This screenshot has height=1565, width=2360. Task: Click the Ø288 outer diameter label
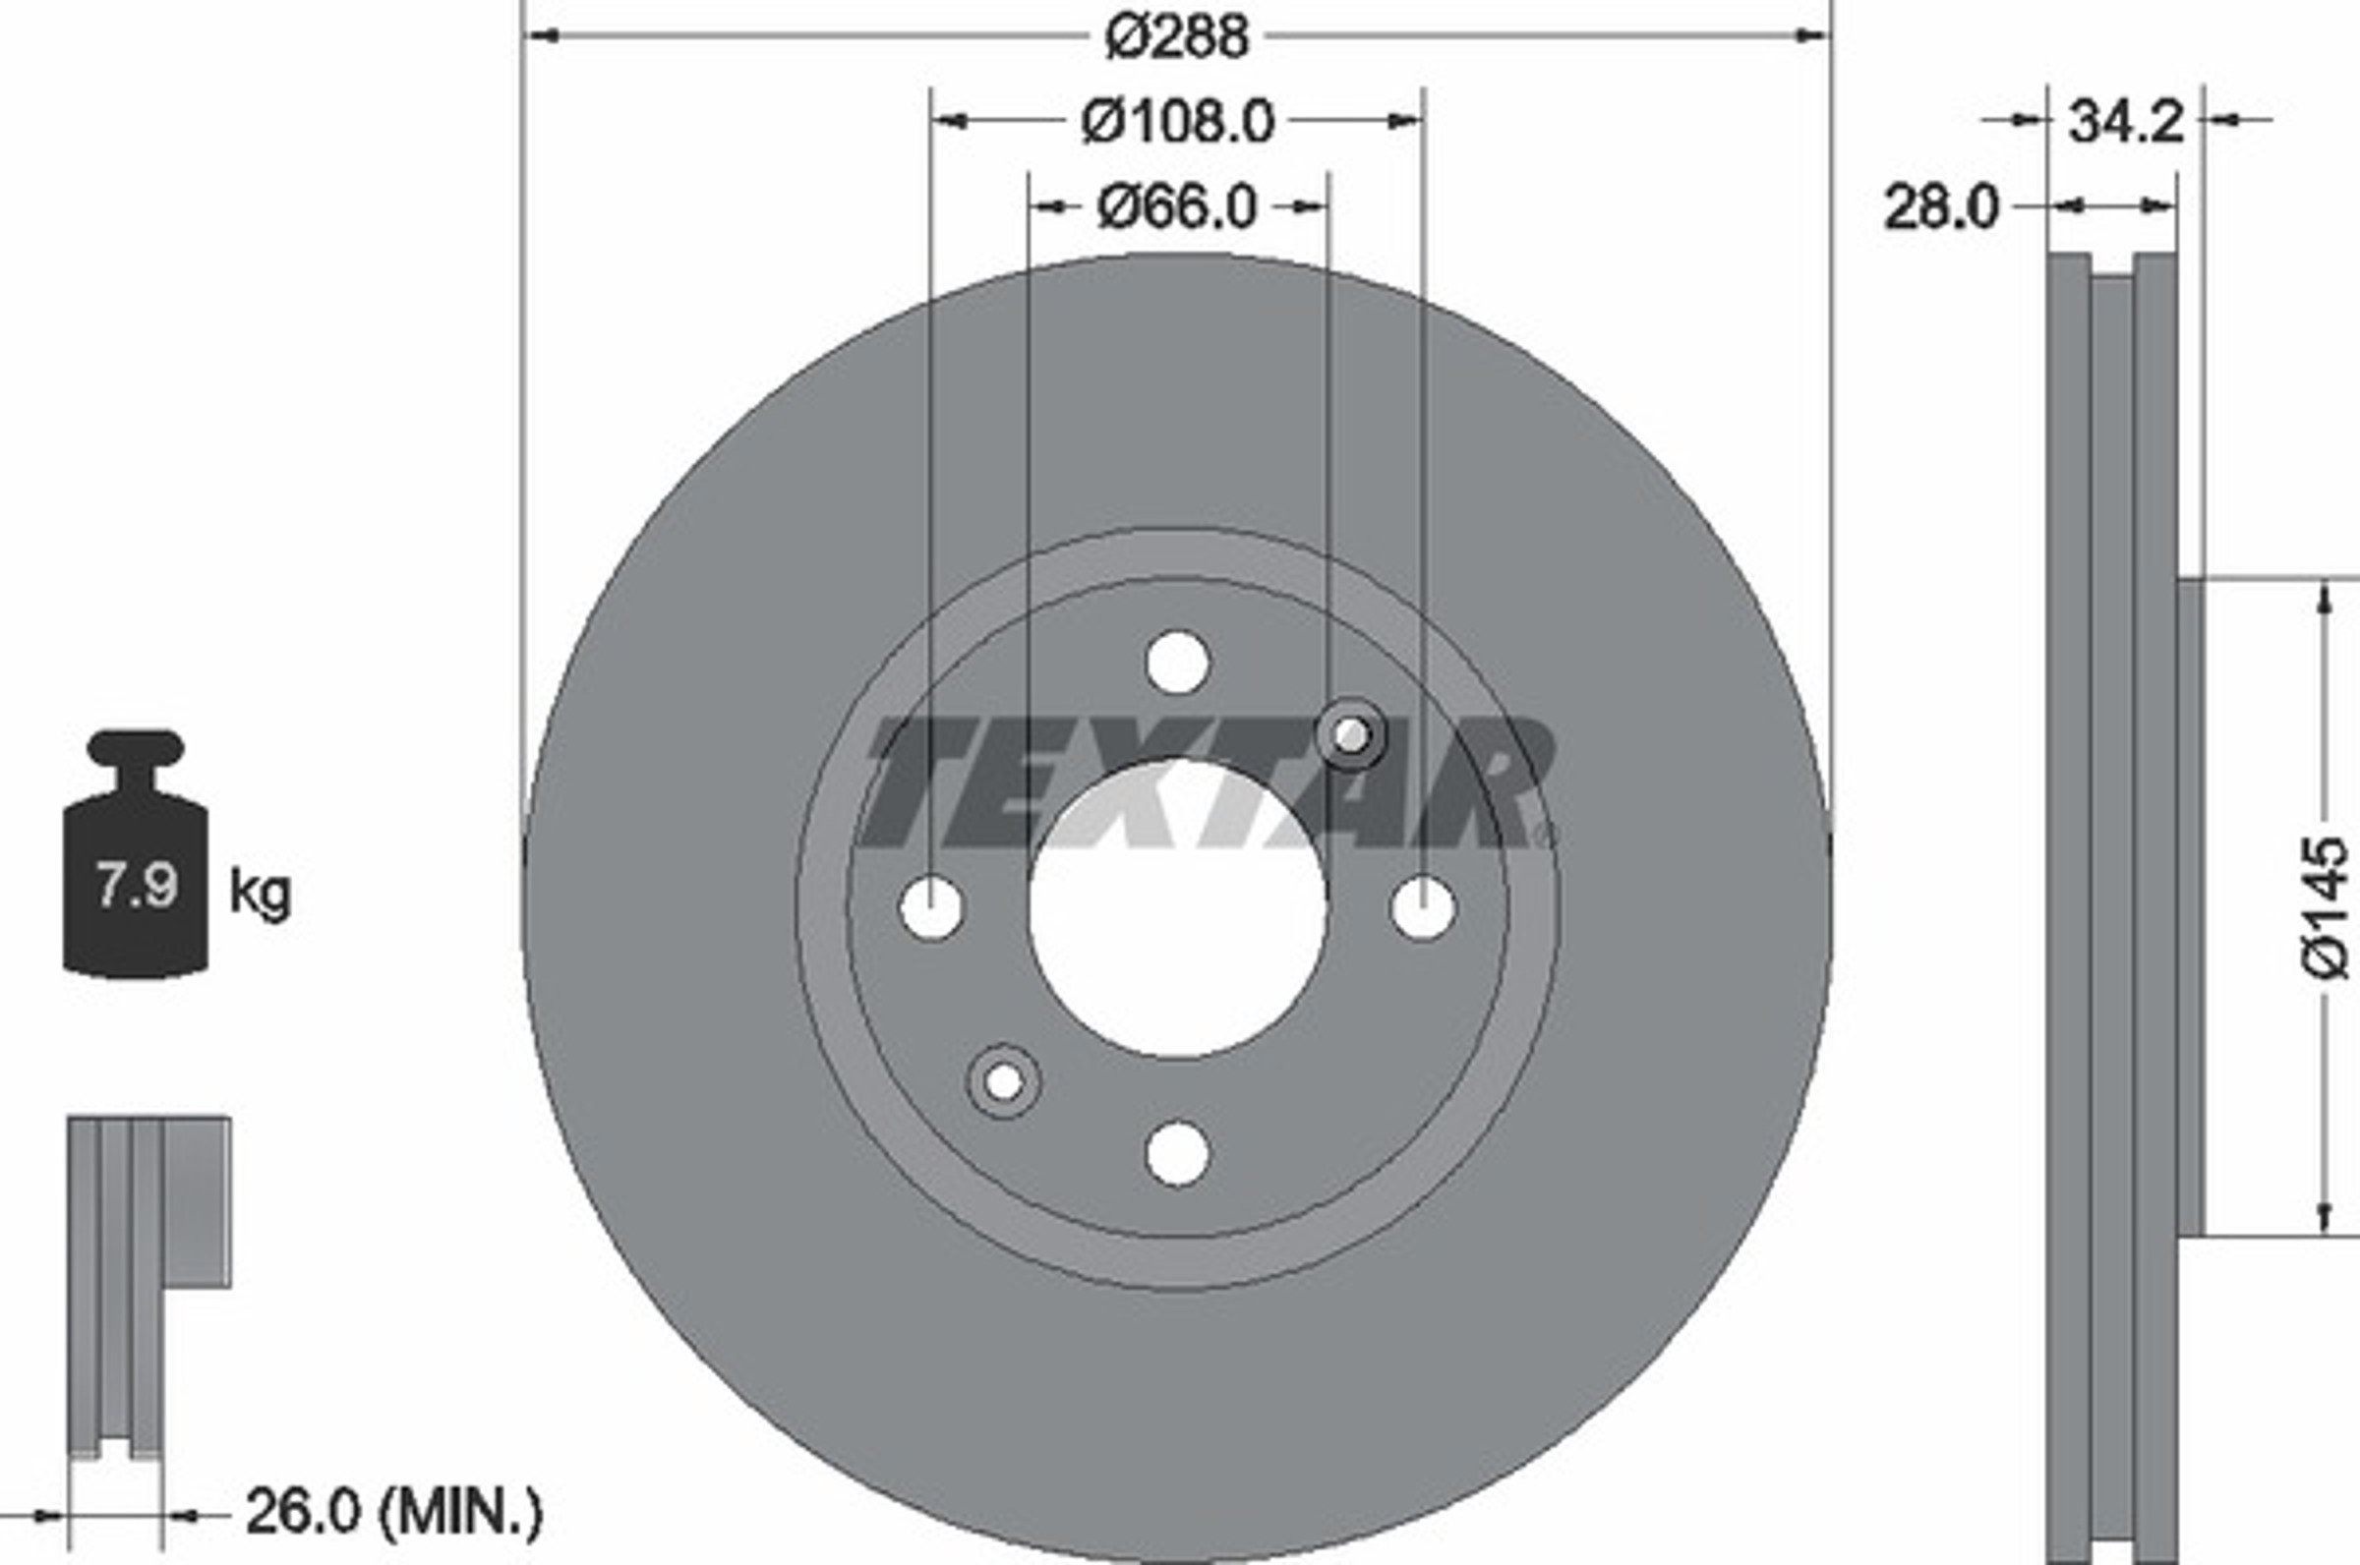pyautogui.click(x=1177, y=38)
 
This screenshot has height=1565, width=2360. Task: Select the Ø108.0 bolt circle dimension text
pyautogui.click(x=1178, y=123)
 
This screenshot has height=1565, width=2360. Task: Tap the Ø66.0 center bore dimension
pyautogui.click(x=1177, y=207)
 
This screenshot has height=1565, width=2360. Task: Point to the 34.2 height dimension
pyautogui.click(x=2125, y=122)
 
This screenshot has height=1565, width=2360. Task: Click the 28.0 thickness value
pyautogui.click(x=1941, y=208)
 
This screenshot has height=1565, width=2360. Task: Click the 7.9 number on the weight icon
pyautogui.click(x=136, y=885)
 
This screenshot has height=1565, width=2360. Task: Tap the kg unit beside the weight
pyautogui.click(x=260, y=892)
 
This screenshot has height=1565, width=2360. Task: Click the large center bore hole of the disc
pyautogui.click(x=1178, y=908)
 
